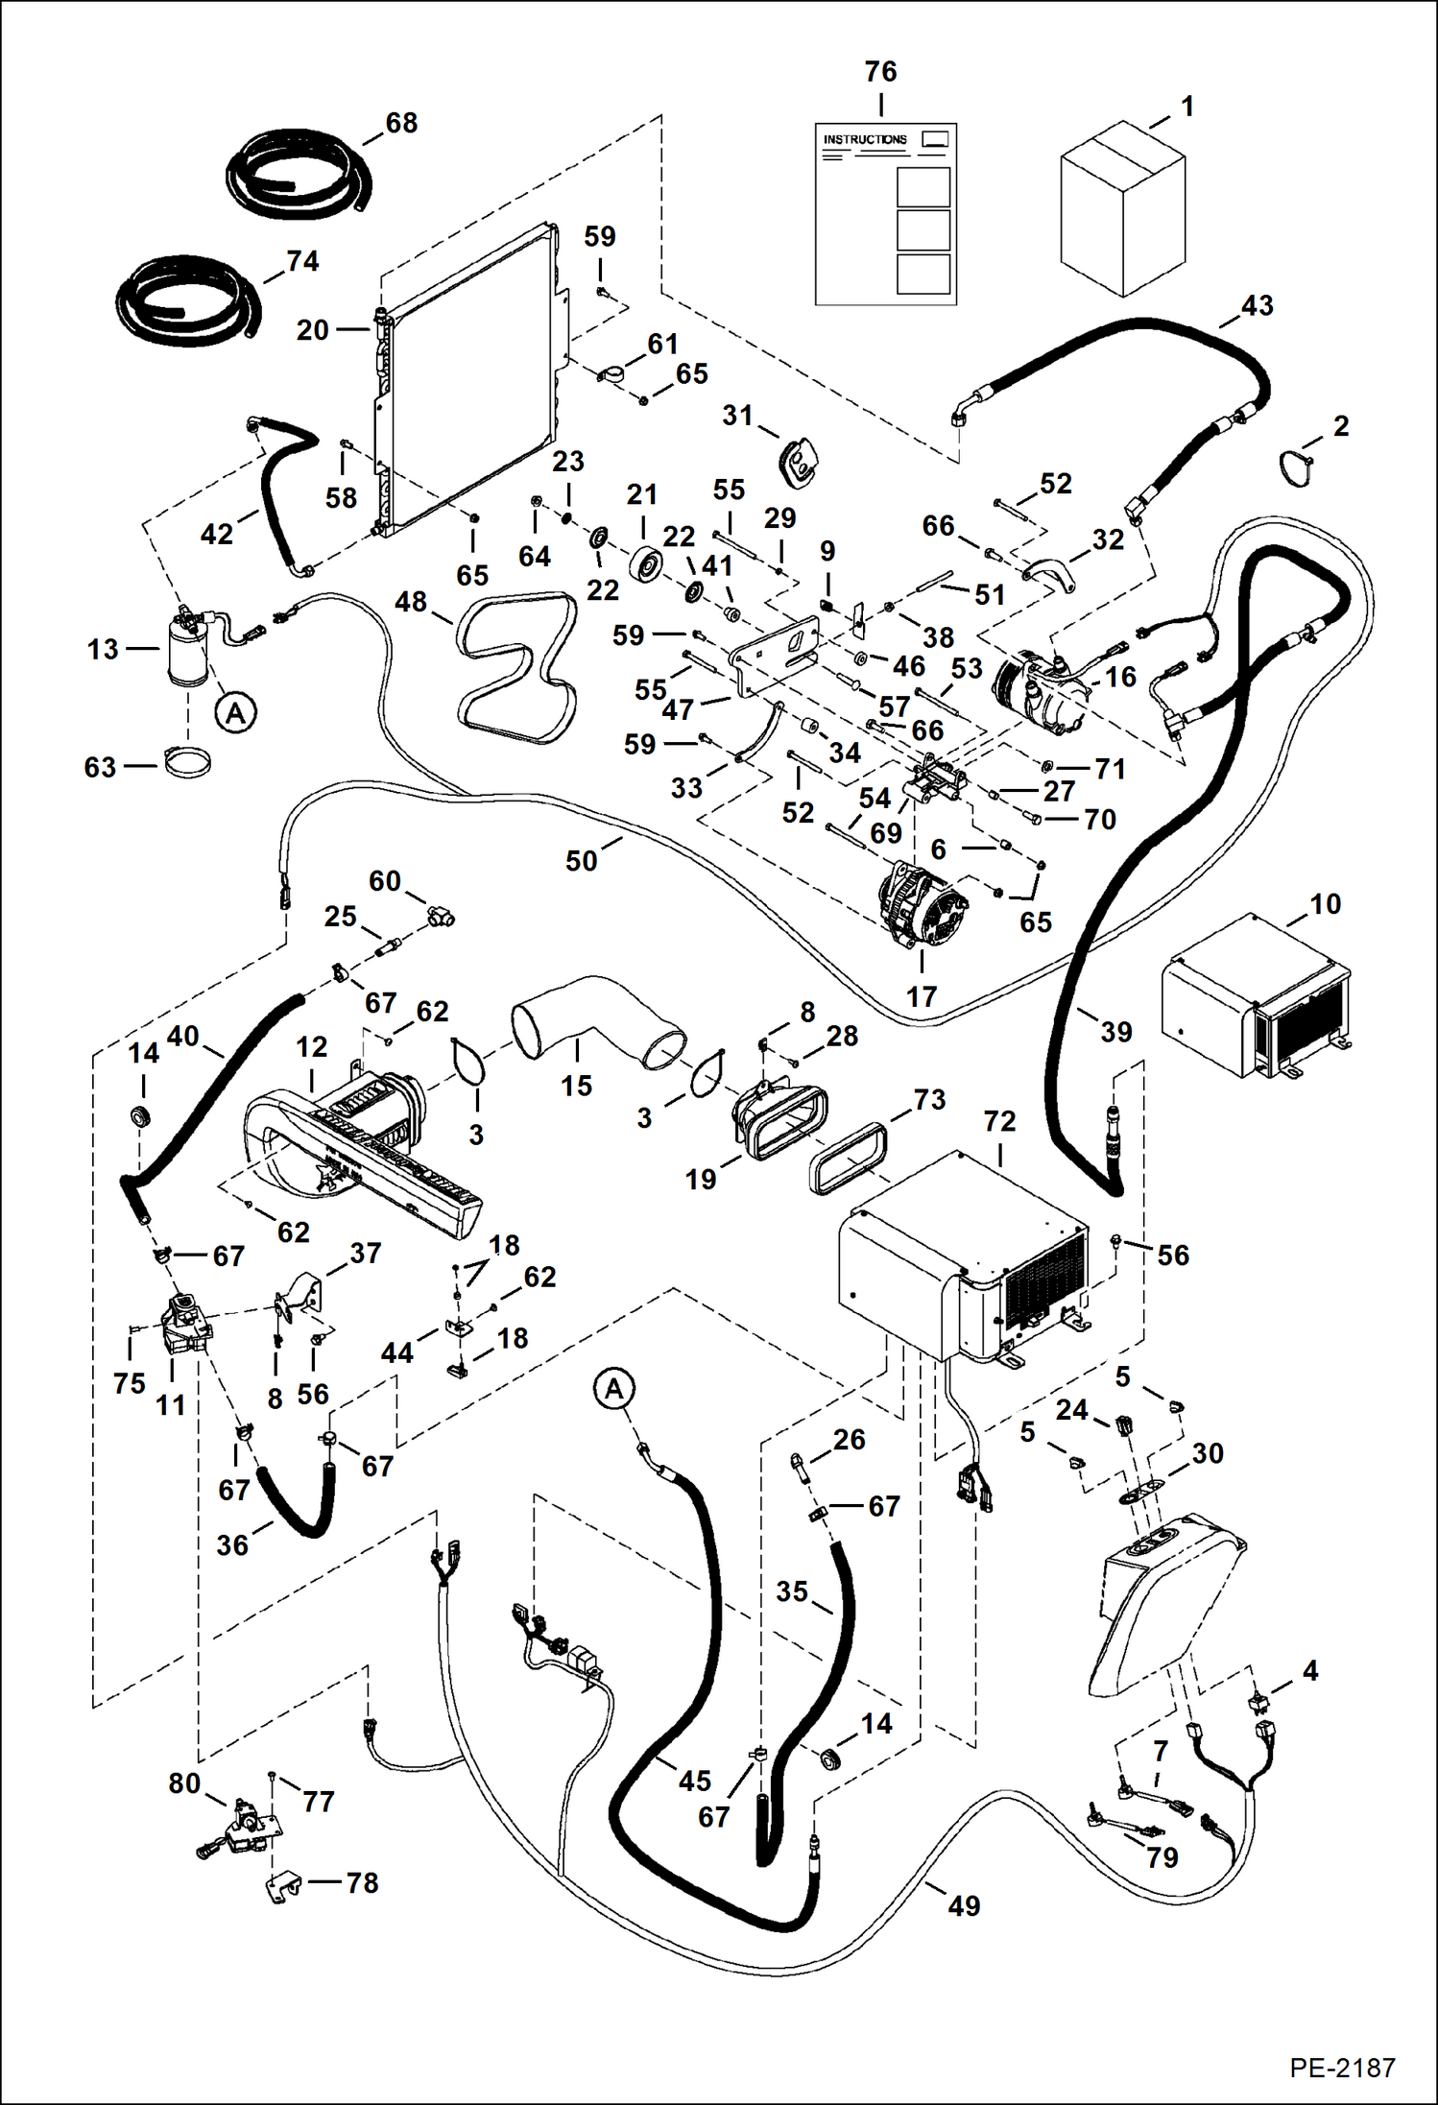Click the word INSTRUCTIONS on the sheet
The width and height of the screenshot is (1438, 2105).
864,139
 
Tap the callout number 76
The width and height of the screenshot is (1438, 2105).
880,72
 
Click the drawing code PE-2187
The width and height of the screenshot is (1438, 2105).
1342,2066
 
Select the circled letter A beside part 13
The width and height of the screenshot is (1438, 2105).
236,713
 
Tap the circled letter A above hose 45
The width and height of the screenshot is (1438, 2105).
614,1389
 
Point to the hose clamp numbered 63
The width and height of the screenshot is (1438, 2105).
188,764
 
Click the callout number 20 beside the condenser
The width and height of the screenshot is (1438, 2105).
313,330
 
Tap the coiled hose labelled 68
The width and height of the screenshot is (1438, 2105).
298,173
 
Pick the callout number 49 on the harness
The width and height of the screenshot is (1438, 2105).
964,1905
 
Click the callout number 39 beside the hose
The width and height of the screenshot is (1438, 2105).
1115,1032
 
